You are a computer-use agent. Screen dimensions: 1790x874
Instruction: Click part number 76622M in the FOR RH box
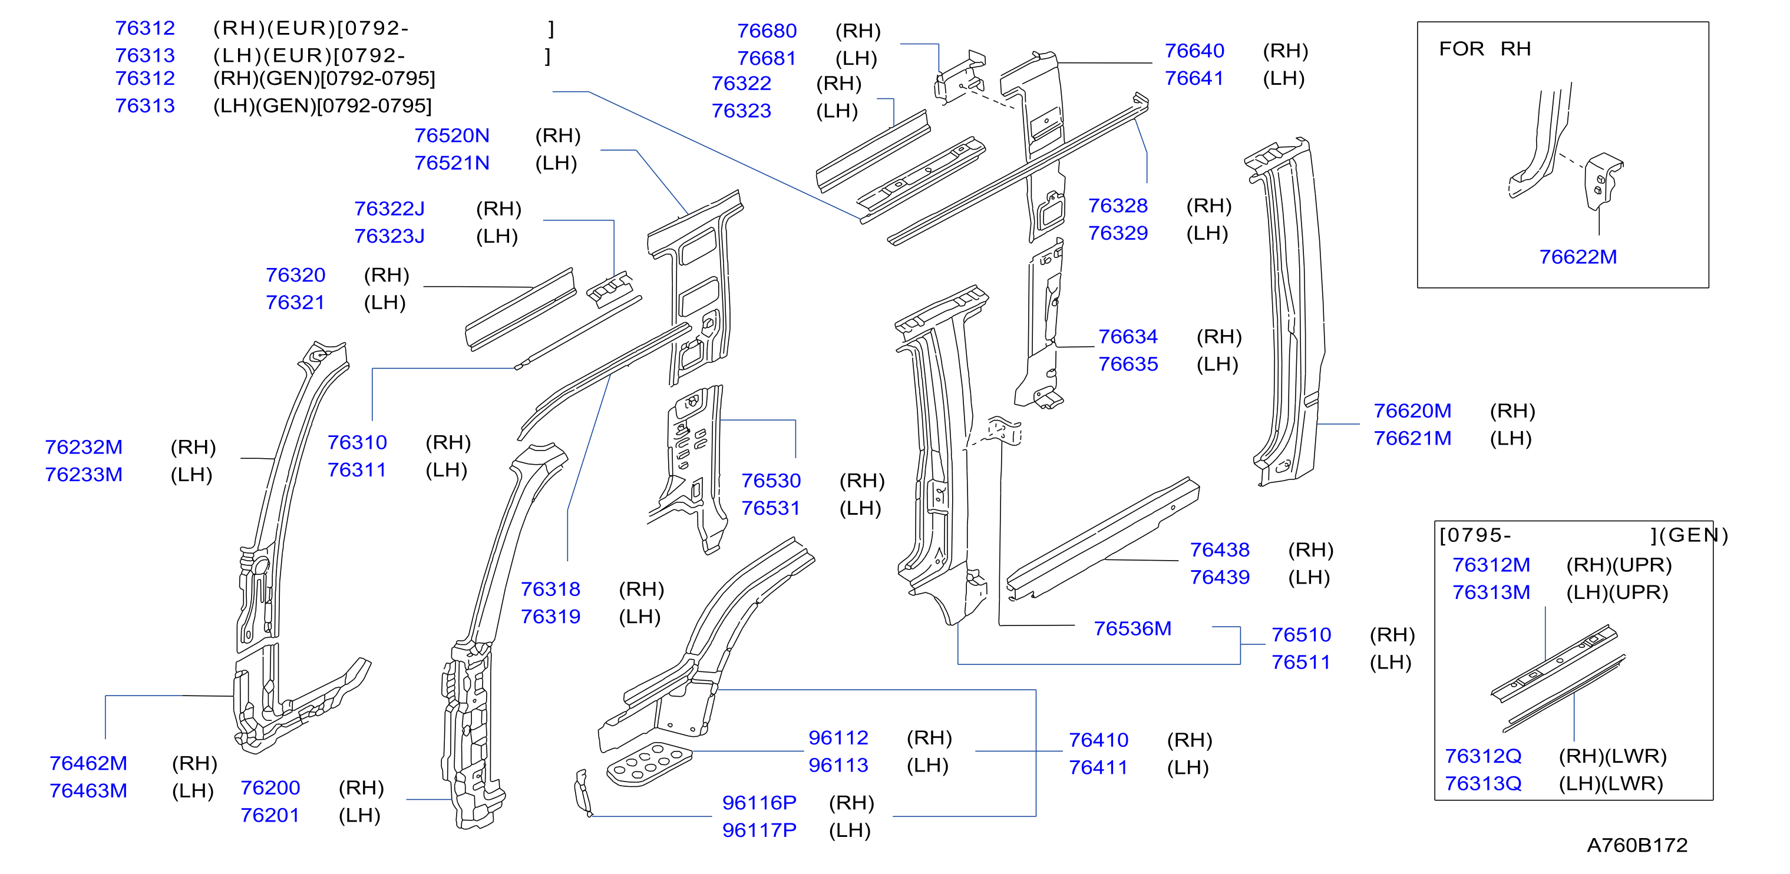point(1577,257)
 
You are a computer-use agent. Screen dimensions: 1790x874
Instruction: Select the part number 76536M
point(1132,629)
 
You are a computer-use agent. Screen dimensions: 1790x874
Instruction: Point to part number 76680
point(767,31)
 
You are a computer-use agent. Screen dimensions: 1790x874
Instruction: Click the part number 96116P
point(759,803)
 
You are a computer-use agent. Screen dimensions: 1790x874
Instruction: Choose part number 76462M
point(88,763)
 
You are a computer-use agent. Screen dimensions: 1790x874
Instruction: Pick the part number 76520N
point(452,135)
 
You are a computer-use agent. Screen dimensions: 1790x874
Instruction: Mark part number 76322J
point(389,209)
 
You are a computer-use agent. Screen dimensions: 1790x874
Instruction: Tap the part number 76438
point(1220,550)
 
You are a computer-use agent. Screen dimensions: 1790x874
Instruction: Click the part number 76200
point(270,788)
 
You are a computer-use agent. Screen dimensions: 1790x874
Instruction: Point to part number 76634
point(1128,337)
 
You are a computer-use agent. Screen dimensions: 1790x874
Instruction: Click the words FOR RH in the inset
point(1484,49)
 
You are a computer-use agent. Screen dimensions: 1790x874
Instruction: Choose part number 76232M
point(84,448)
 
